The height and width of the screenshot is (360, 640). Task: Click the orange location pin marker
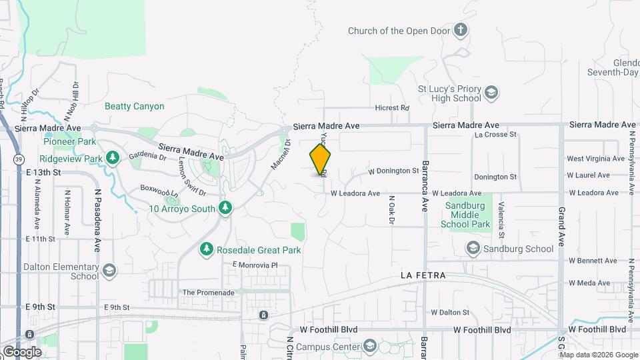click(321, 159)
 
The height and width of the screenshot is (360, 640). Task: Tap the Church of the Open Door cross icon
click(460, 30)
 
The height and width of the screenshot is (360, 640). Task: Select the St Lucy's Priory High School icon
click(491, 93)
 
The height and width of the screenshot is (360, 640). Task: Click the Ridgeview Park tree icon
click(113, 158)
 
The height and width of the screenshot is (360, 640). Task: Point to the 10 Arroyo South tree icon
click(225, 209)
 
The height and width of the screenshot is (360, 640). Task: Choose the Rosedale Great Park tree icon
click(207, 249)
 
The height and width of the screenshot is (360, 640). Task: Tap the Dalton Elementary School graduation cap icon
click(109, 271)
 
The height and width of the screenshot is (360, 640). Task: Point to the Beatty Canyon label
click(134, 106)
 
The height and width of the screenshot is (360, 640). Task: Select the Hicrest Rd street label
click(392, 108)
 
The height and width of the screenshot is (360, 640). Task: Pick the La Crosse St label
click(495, 135)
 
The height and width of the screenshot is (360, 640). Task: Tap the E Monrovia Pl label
click(254, 265)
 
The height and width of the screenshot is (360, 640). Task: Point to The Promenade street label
click(209, 292)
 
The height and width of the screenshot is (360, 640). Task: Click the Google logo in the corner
click(22, 351)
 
